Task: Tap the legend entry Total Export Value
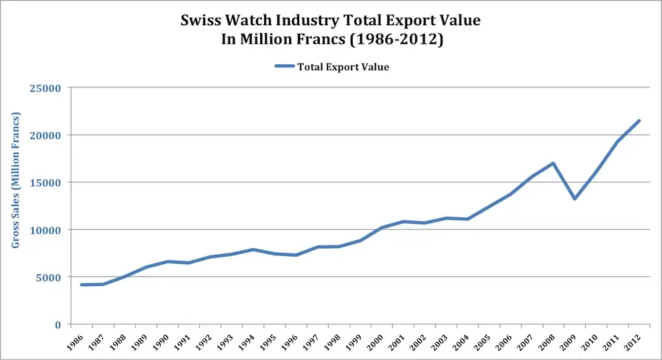click(x=343, y=66)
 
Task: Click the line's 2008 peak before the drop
click(x=553, y=163)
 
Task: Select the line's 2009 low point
click(x=575, y=199)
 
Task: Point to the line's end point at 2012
click(x=639, y=120)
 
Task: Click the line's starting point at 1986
click(x=81, y=285)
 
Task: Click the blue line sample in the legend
click(x=283, y=66)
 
